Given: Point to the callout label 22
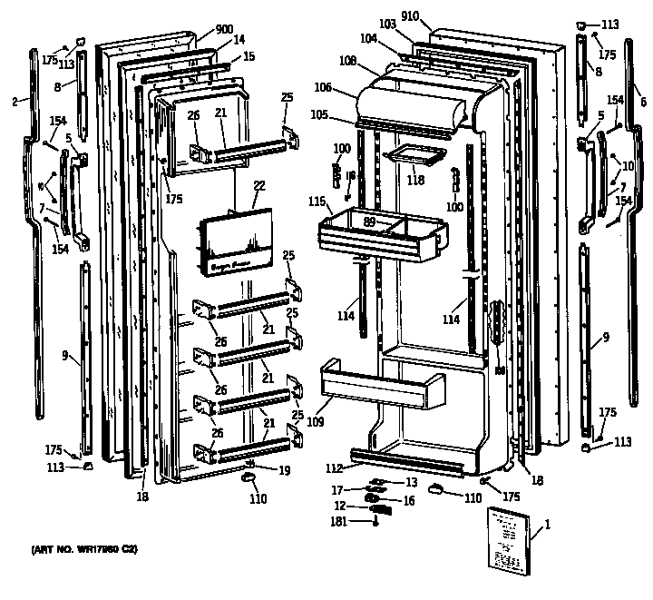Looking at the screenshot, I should click(x=258, y=185).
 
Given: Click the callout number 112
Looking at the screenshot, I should click(x=335, y=468).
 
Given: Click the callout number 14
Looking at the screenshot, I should click(x=239, y=40).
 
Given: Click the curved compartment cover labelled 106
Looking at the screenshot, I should click(x=413, y=100).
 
